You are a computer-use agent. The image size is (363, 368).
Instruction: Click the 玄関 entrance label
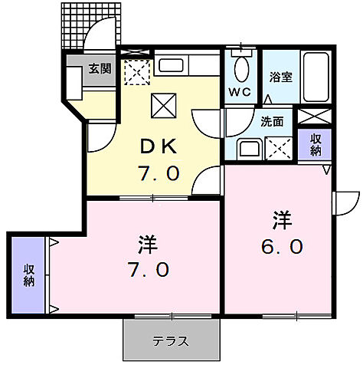pyautogui.click(x=99, y=67)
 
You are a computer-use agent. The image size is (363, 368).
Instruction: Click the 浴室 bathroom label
pyautogui.click(x=281, y=77)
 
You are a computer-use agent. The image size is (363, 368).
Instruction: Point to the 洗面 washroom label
pyautogui.click(x=273, y=120)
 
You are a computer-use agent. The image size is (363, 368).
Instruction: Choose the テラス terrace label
pyautogui.click(x=169, y=341)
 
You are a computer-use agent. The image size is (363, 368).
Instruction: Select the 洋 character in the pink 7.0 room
pyautogui.click(x=148, y=245)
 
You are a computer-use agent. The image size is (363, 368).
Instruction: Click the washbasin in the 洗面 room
pyautogui.click(x=250, y=148)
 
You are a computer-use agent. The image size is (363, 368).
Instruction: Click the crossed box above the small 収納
pyautogui.click(x=315, y=116)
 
